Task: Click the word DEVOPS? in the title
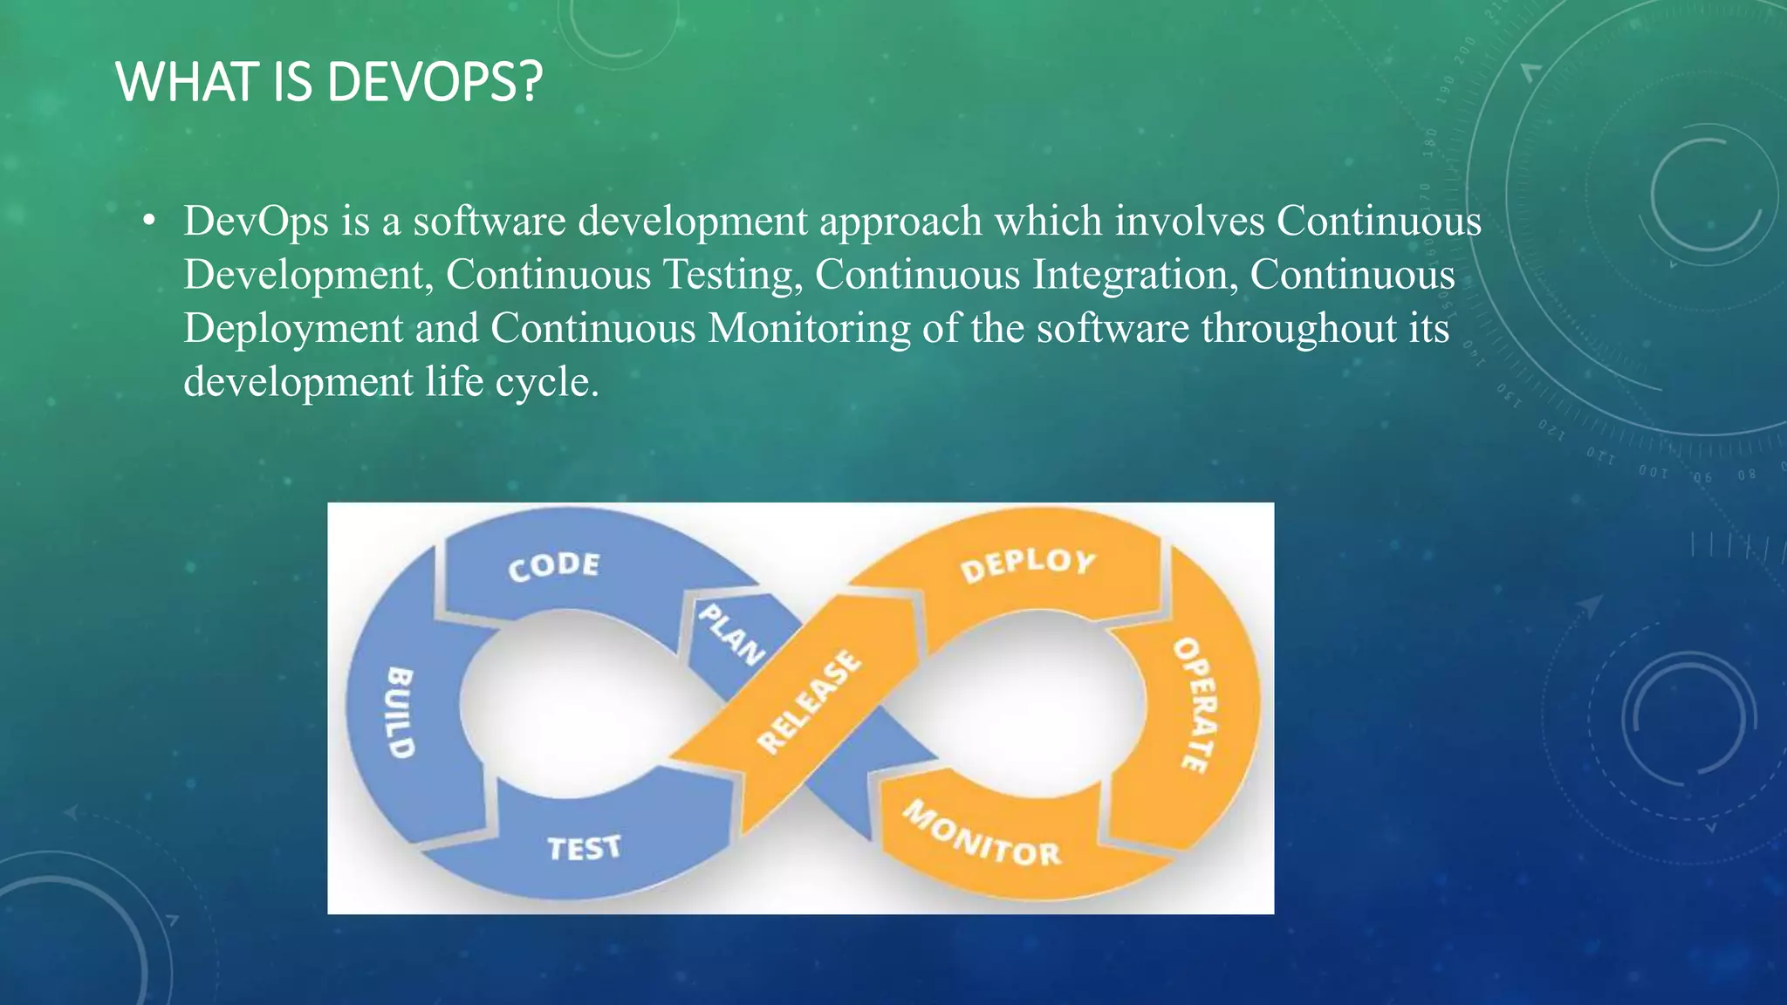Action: coord(435,83)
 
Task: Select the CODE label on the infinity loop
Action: coord(554,566)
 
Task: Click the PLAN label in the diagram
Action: coord(731,634)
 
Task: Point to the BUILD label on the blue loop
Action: coord(400,712)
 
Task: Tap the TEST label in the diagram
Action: coord(584,847)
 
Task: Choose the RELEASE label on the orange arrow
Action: coord(809,702)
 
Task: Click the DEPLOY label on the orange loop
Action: coord(1027,565)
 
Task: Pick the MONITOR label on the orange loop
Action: coord(983,835)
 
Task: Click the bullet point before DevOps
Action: coord(150,222)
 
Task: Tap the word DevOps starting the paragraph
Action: coord(256,222)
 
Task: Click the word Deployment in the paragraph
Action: coord(293,329)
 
